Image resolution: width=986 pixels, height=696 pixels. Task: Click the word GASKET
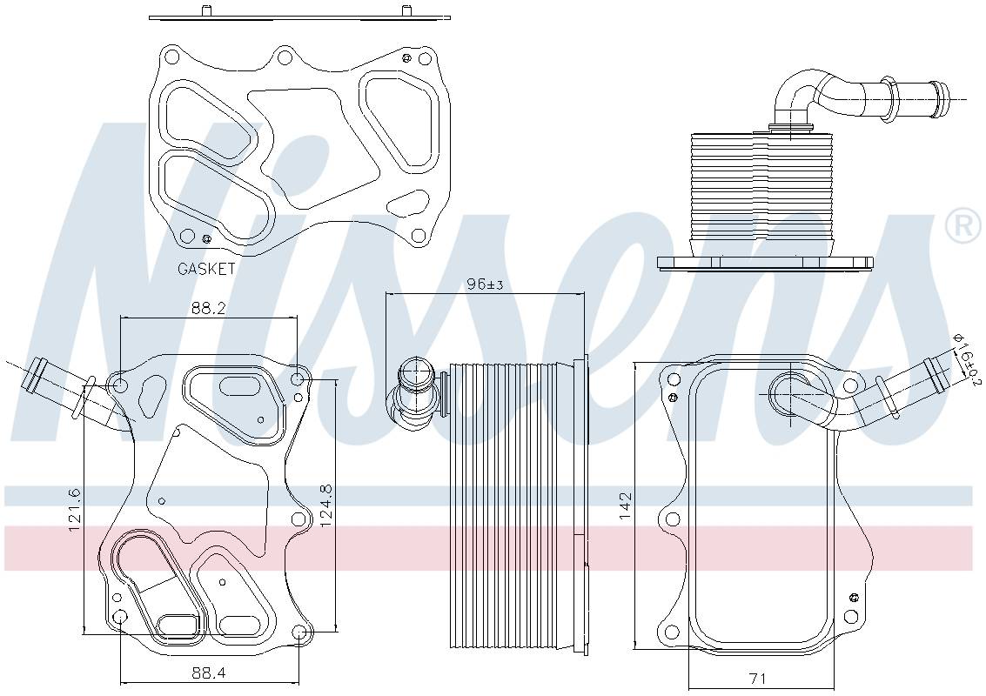206,269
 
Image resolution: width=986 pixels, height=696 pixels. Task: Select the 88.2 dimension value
209,307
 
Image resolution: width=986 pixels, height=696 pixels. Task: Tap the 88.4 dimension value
209,673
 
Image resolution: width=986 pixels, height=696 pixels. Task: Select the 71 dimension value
757,677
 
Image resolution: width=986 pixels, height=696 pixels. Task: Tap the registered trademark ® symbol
963,226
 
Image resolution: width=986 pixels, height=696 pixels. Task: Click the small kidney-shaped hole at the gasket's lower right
406,205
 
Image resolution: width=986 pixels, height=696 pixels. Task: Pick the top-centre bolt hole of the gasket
284,58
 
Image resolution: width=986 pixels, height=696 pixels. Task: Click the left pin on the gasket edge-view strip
205,10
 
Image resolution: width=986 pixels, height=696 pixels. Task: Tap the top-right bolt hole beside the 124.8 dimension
298,378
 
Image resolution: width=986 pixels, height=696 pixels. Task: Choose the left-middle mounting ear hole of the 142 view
671,520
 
